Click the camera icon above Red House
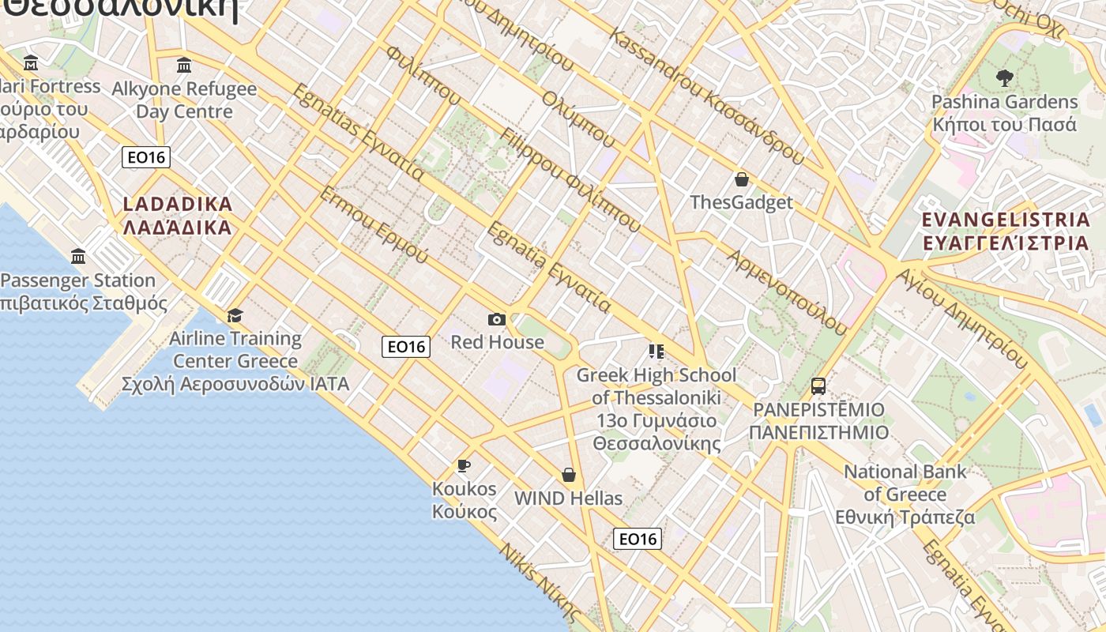coord(497,319)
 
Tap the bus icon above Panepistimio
coord(818,386)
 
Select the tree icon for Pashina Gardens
coord(1005,78)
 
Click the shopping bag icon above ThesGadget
coord(741,179)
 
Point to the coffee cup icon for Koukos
coord(464,465)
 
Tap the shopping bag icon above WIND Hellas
coord(568,475)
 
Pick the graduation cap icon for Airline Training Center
coord(235,316)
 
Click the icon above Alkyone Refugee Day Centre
coord(184,65)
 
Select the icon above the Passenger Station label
coord(78,257)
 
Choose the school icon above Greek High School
coord(656,351)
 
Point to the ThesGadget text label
coord(741,202)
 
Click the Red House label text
coord(497,342)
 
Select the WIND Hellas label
coord(568,498)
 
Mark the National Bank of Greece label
coord(905,495)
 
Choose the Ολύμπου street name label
coord(578,118)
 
